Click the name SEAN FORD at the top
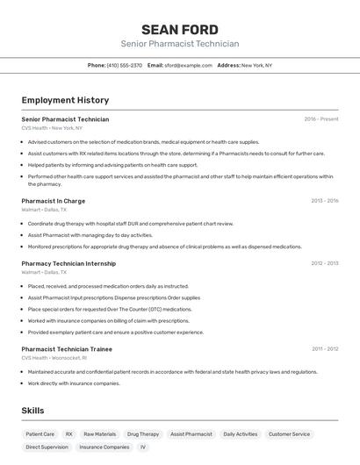(179, 29)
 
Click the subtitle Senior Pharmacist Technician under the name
(179, 44)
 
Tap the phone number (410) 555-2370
(124, 65)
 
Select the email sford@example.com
(188, 65)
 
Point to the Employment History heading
(65, 100)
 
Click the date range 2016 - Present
(320, 119)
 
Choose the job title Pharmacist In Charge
(53, 201)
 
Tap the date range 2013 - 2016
(324, 201)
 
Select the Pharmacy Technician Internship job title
(68, 263)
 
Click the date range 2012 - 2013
(324, 263)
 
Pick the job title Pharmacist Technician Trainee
(67, 349)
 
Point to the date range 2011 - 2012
(324, 349)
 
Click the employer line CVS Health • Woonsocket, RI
(54, 358)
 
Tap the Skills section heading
(32, 411)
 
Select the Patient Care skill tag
(40, 434)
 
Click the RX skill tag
(68, 434)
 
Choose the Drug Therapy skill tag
(143, 434)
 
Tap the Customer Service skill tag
(289, 434)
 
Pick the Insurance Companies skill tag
(104, 447)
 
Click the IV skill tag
(143, 447)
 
